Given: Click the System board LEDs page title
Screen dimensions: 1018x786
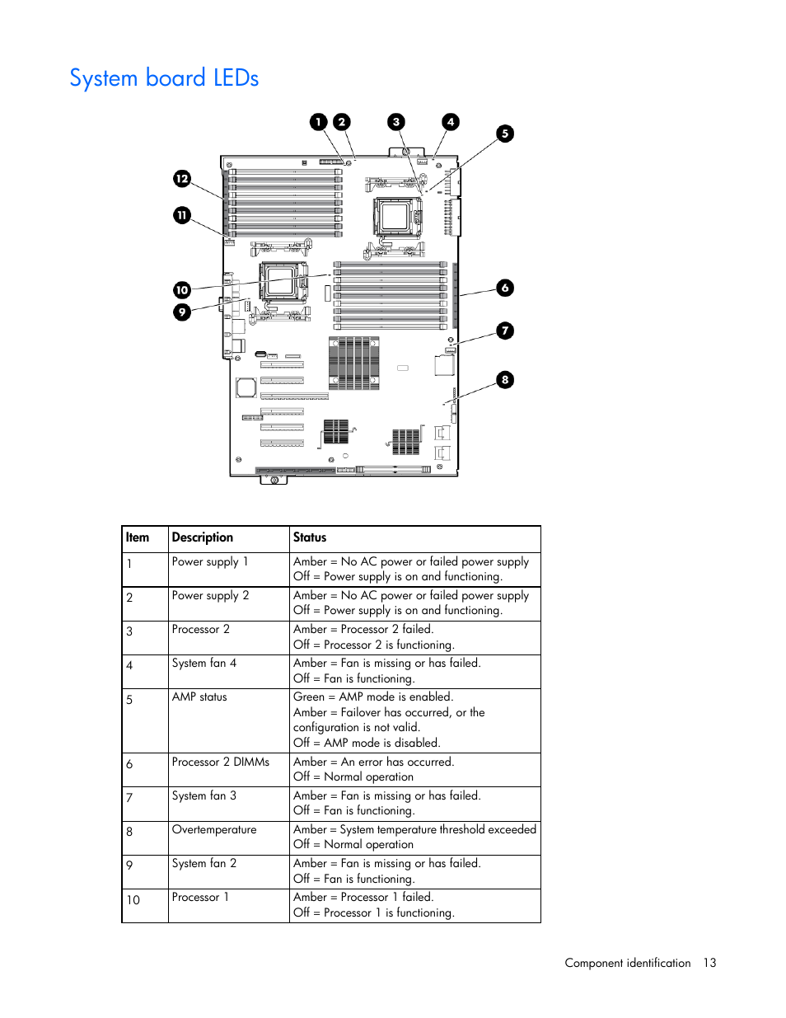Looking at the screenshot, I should tap(164, 78).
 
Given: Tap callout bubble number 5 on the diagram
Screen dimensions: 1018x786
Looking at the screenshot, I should tap(505, 134).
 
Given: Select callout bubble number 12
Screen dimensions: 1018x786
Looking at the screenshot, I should tap(182, 179).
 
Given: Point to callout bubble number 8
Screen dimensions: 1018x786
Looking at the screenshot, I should tap(505, 380).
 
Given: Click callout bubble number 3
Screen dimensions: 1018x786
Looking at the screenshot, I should tap(396, 122).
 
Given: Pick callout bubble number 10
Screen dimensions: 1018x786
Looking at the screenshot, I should tap(182, 290).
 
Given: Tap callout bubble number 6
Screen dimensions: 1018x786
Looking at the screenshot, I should tap(505, 288).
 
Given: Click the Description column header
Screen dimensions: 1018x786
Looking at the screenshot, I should tap(203, 537).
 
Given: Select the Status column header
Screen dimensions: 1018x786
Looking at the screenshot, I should tap(310, 537).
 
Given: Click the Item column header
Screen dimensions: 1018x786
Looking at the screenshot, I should tap(138, 537).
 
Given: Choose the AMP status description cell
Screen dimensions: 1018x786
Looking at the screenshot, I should tap(199, 697).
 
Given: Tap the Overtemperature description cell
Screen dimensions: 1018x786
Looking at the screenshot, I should tap(214, 829).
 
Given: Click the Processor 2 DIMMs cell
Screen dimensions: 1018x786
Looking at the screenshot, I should tap(221, 762).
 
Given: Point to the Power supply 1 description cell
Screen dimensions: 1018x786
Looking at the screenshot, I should tap(210, 561).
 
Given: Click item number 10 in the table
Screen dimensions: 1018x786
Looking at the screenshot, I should tap(133, 900).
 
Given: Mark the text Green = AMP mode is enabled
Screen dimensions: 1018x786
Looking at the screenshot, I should tap(373, 697).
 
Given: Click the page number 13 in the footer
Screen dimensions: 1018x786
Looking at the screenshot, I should tap(709, 963).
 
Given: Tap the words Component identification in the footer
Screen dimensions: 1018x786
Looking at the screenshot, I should tap(628, 963).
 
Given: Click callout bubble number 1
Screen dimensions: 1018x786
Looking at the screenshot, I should tap(319, 122).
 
